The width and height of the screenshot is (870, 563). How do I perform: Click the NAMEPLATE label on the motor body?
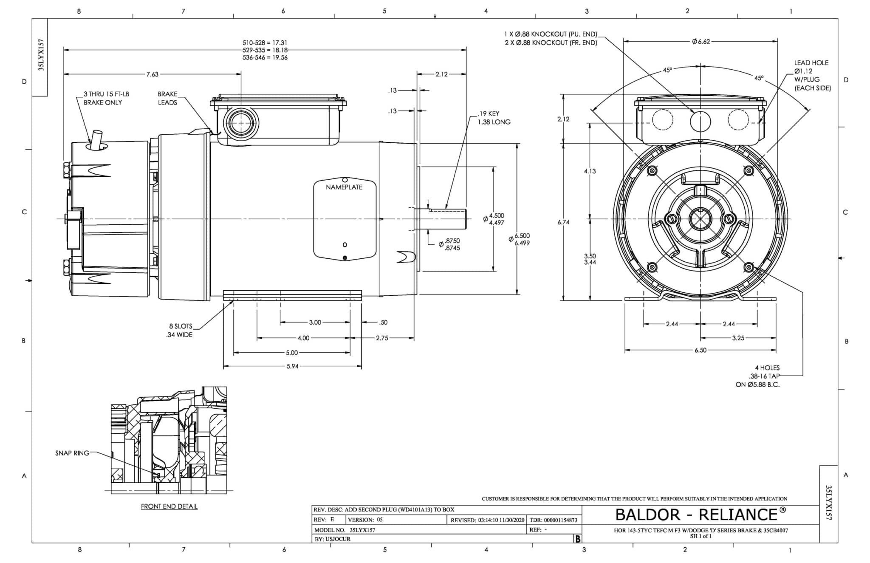[344, 187]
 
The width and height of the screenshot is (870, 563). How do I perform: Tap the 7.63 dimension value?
[152, 74]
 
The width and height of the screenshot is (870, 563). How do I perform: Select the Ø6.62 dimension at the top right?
[701, 42]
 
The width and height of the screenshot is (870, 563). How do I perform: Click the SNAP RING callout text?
[72, 453]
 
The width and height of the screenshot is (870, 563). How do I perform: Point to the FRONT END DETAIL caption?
[169, 506]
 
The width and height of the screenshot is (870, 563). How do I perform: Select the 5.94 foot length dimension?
[292, 366]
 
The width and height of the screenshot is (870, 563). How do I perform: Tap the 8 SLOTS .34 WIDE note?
[180, 331]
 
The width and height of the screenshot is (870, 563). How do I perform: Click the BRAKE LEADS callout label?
[167, 98]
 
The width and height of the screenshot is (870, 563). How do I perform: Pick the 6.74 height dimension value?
[563, 222]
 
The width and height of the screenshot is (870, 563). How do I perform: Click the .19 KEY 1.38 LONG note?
[494, 118]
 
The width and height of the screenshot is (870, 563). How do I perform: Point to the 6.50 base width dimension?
[700, 350]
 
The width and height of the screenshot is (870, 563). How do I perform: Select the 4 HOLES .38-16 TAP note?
[758, 376]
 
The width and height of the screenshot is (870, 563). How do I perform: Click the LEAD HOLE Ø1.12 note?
[812, 75]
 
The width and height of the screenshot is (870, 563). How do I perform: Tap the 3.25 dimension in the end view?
[738, 338]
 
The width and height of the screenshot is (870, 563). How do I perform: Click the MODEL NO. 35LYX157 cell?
[345, 530]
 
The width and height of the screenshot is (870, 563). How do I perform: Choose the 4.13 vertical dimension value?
[590, 171]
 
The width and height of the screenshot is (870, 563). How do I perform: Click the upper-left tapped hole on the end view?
[652, 171]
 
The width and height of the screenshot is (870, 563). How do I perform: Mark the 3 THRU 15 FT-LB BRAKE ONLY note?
[106, 98]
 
